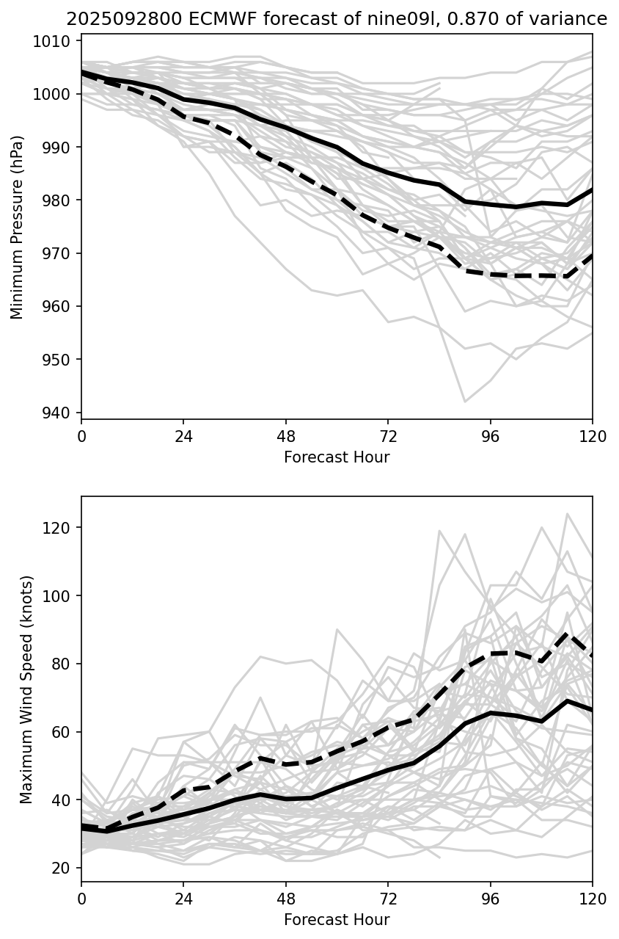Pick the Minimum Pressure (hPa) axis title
pyautogui.click(x=18, y=227)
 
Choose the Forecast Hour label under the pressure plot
pyautogui.click(x=337, y=457)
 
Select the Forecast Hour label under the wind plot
pyautogui.click(x=337, y=919)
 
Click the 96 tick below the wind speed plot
pyautogui.click(x=491, y=898)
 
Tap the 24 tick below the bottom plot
pyautogui.click(x=183, y=898)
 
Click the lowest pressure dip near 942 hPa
pyautogui.click(x=464, y=402)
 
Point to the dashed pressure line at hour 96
pyautogui.click(x=491, y=274)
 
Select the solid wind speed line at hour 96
pyautogui.click(x=491, y=712)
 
